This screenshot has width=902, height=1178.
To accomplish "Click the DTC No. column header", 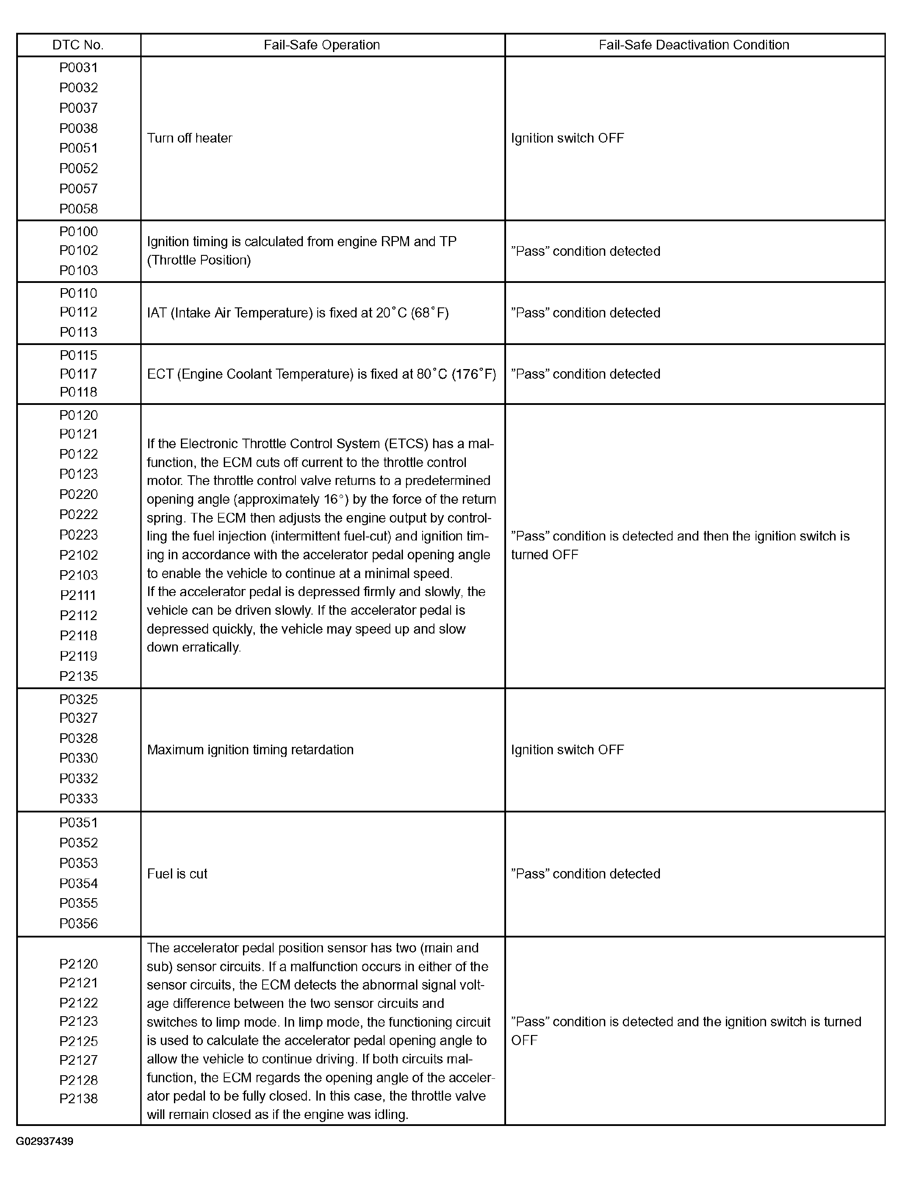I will click(x=78, y=45).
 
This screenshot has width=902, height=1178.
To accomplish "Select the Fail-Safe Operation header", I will click(x=322, y=45).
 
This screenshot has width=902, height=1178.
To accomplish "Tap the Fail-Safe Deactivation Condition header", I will click(x=694, y=45).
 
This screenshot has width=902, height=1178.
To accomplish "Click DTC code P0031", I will click(x=78, y=68).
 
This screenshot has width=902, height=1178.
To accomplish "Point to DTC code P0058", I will click(x=78, y=209).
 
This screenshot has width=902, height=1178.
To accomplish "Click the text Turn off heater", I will click(x=190, y=138).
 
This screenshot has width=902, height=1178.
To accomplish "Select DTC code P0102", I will click(x=78, y=250).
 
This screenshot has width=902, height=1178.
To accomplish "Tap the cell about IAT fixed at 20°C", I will click(x=298, y=313).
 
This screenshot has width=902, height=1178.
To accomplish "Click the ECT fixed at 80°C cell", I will click(x=321, y=374).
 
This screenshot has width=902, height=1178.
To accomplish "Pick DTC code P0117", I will click(x=78, y=374).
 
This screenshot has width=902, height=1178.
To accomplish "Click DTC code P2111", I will click(x=78, y=595).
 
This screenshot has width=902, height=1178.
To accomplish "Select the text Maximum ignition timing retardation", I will click(x=250, y=749).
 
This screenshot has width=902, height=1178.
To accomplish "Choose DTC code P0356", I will click(x=78, y=924).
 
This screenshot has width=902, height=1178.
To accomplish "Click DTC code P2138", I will click(x=78, y=1098).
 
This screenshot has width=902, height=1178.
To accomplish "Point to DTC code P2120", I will click(x=78, y=964).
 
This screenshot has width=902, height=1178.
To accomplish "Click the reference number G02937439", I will click(x=45, y=1141).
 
